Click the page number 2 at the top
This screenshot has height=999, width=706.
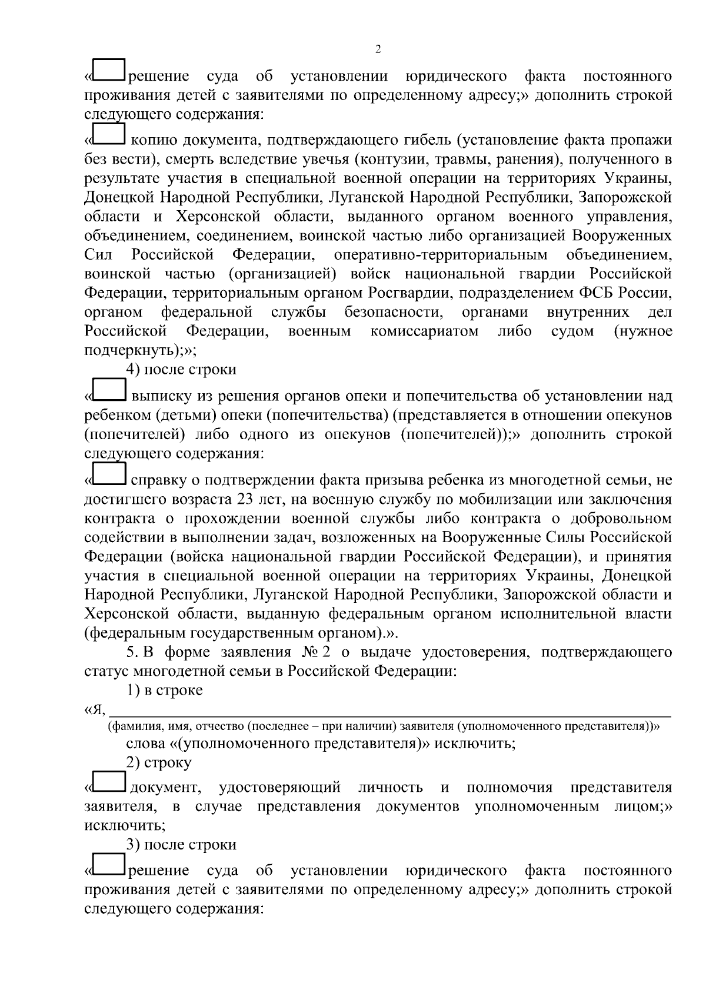378,49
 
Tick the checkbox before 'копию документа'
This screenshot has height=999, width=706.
109,134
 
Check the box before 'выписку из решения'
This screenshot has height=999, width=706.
109,390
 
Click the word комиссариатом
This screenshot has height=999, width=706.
424,331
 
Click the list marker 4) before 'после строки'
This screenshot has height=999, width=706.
133,370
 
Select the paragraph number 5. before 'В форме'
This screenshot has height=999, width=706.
133,652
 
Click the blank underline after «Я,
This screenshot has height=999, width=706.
388,713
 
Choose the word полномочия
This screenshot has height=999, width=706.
509,787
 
